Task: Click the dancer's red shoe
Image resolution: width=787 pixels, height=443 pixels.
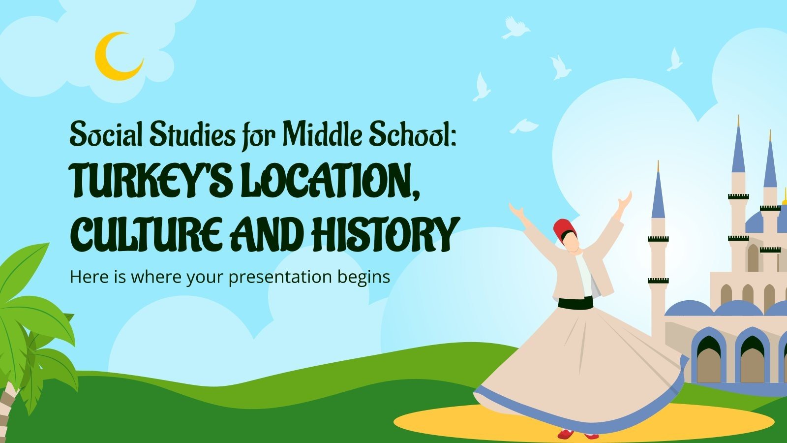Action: coord(566,434)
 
